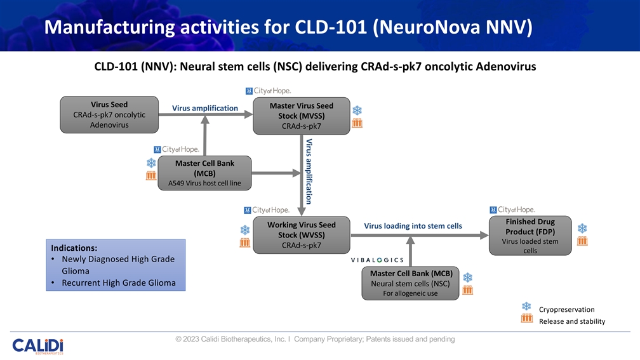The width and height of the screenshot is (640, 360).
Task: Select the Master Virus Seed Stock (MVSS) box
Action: tap(301, 116)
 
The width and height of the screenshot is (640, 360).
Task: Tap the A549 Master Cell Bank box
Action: tap(204, 173)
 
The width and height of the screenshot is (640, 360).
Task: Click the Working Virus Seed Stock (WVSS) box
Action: tap(301, 235)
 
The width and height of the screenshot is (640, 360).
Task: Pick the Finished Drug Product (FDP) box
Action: tap(530, 236)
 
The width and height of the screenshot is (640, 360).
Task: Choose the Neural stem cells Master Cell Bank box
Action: tap(410, 283)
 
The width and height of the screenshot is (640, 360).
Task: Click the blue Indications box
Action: tap(116, 265)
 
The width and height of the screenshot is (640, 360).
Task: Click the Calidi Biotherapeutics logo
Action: tap(37, 345)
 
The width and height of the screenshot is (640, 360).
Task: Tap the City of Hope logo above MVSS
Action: tap(268, 90)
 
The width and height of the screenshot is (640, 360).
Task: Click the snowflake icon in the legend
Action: tap(526, 307)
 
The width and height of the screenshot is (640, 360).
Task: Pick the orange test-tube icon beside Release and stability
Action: tap(526, 319)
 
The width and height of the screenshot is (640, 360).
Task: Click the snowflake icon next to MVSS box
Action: tap(357, 110)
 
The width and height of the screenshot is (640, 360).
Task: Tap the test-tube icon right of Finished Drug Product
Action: tap(582, 241)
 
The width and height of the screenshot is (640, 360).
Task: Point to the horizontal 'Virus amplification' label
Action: tap(205, 109)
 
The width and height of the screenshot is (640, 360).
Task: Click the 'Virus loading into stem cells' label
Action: tap(413, 226)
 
